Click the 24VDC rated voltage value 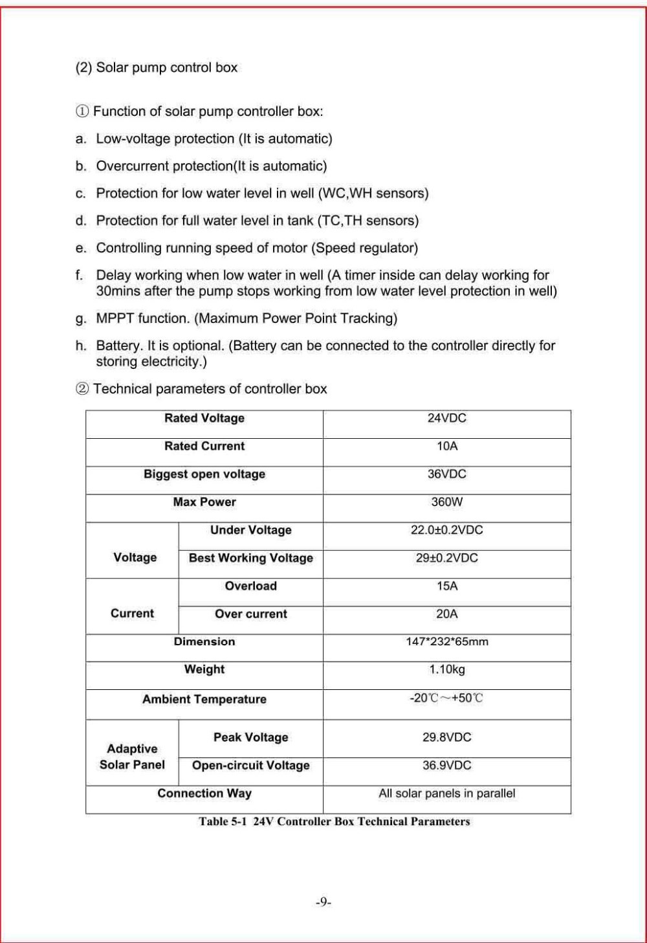(x=446, y=418)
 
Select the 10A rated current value (x=446, y=446)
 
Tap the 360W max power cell (x=446, y=502)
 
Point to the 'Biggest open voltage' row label (x=204, y=474)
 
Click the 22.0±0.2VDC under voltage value (x=446, y=530)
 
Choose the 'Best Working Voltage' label (x=251, y=558)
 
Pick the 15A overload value (x=446, y=586)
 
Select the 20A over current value (x=446, y=614)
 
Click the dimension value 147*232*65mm (x=446, y=641)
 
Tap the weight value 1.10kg (x=446, y=669)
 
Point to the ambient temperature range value (x=446, y=698)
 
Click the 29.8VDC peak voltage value (x=446, y=737)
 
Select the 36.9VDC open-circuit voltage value (x=446, y=765)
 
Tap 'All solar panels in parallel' (x=446, y=793)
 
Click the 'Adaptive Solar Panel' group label (x=132, y=757)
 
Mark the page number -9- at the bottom (x=323, y=902)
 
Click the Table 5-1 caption (x=334, y=821)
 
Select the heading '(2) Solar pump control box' (x=157, y=67)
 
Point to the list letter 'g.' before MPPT (x=81, y=318)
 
